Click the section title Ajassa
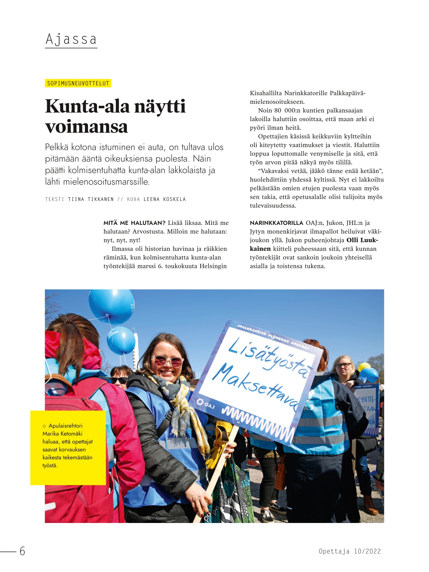71,40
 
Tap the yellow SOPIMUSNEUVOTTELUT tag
78,83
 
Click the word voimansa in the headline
86,127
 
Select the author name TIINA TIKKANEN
91,199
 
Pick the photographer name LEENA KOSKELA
165,199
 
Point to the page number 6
22,551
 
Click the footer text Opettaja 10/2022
349,551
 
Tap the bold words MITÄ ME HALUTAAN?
134,223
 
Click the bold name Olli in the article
352,240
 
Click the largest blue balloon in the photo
111,306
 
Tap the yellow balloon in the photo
364,367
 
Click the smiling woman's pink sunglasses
167,361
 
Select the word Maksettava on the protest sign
256,386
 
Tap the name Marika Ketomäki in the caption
62,433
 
